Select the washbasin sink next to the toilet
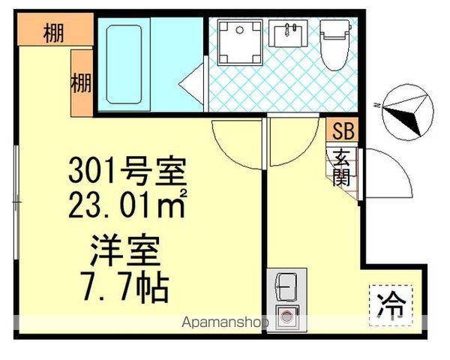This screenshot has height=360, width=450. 286,34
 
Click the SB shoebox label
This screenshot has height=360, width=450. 343,130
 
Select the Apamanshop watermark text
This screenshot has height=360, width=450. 224,324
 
